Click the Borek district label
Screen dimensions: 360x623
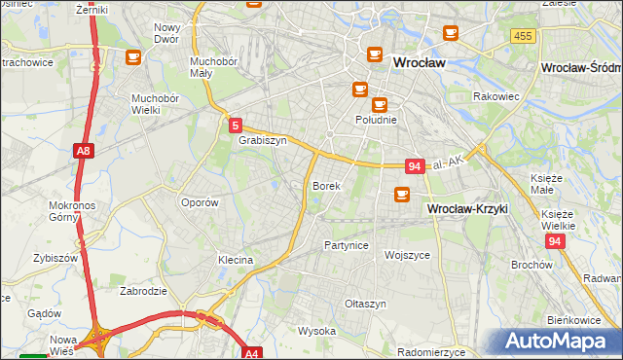point(326,185)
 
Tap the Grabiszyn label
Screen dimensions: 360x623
point(262,140)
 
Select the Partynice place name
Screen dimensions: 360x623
point(347,245)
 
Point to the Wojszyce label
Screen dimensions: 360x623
point(407,255)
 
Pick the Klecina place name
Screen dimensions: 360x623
point(236,260)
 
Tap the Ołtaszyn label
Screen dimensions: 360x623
point(366,304)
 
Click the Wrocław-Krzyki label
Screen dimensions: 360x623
point(467,209)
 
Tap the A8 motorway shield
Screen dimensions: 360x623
point(84,151)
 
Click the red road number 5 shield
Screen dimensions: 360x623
point(236,125)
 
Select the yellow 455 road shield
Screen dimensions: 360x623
point(522,35)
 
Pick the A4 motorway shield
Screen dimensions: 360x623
point(252,353)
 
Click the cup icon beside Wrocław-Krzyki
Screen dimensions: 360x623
point(401,196)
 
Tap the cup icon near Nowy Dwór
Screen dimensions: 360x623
point(132,56)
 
